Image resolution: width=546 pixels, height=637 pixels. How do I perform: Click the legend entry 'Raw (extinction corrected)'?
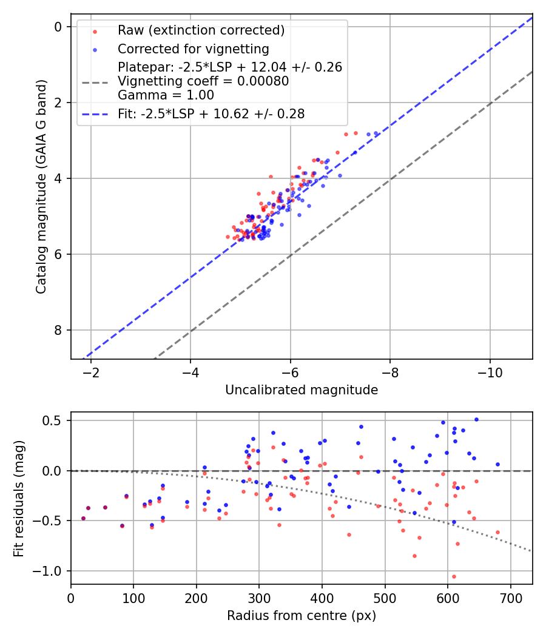[201, 30]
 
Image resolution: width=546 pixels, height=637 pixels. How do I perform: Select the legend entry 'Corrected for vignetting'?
[193, 49]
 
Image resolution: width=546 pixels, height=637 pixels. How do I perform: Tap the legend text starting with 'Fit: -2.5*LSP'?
[211, 113]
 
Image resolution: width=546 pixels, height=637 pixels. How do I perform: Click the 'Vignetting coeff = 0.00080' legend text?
[203, 81]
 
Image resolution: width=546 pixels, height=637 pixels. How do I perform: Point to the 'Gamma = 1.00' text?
[166, 95]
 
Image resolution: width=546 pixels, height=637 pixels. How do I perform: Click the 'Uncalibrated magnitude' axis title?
[302, 390]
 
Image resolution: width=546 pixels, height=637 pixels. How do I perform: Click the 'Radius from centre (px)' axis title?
[302, 616]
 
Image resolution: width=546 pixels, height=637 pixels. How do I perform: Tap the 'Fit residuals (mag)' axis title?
[19, 497]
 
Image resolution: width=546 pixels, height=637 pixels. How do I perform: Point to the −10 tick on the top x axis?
[490, 372]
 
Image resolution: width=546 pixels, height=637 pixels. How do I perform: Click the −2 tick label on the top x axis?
[91, 372]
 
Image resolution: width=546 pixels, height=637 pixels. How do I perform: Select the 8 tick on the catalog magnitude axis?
[58, 330]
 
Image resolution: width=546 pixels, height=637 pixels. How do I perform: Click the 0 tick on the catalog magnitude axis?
[58, 27]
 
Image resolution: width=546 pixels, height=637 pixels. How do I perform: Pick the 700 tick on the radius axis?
[510, 597]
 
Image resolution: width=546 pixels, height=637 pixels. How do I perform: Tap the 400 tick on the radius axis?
[322, 597]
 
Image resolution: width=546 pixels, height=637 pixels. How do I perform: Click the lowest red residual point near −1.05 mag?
[454, 576]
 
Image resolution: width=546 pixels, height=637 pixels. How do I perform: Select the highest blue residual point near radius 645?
[476, 419]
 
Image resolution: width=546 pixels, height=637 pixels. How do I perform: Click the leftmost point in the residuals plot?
[83, 518]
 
